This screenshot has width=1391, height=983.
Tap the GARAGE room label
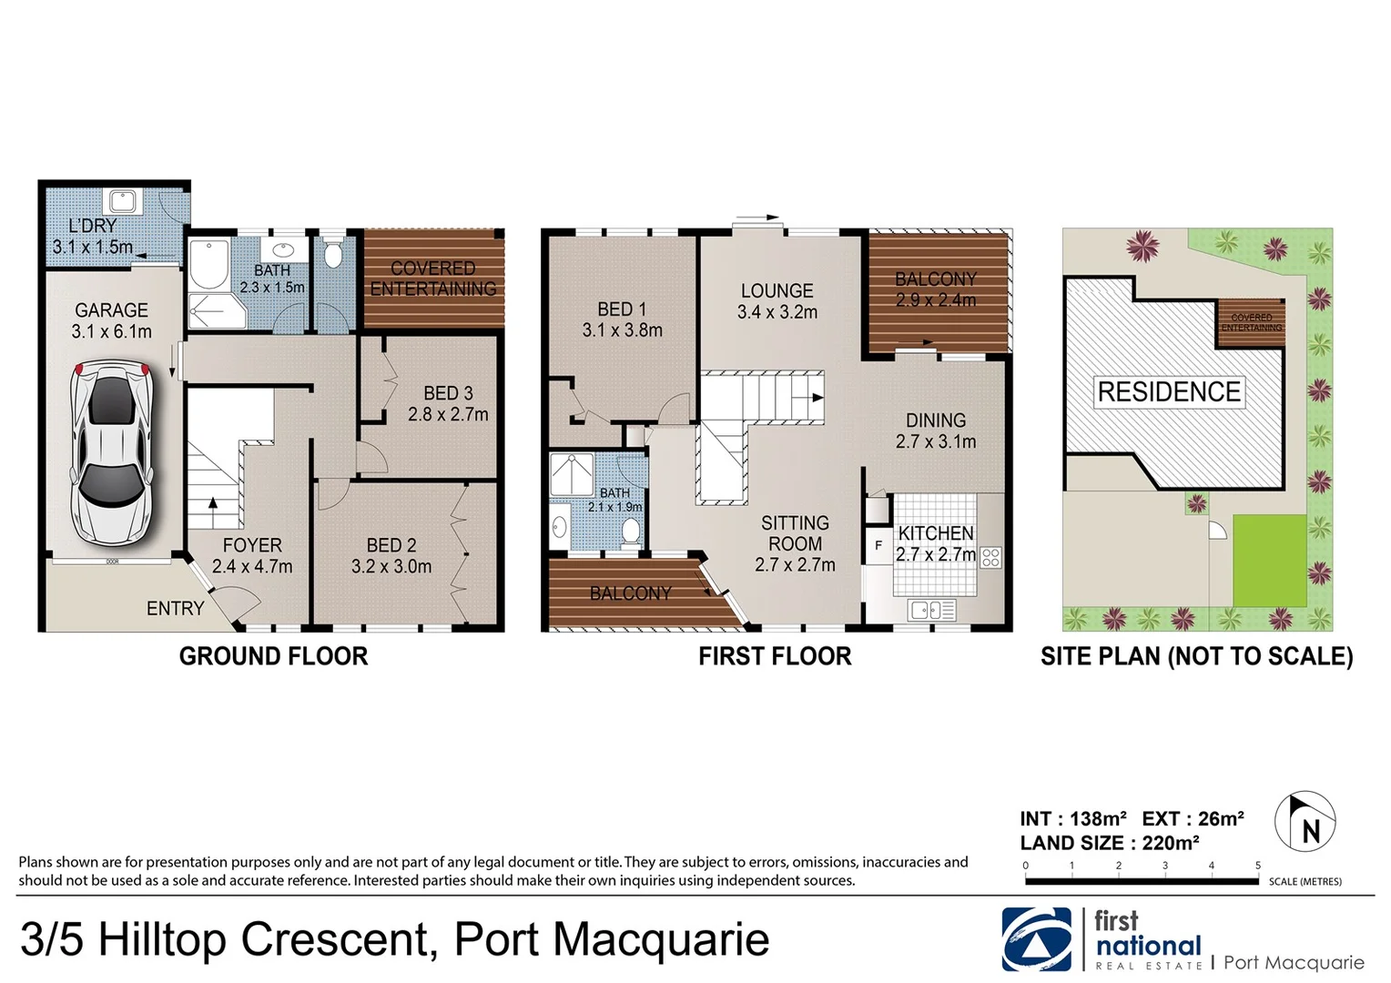tap(111, 310)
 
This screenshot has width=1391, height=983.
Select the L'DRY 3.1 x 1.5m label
tap(93, 236)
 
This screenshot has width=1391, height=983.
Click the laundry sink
tap(122, 199)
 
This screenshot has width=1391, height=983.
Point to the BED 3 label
tap(448, 393)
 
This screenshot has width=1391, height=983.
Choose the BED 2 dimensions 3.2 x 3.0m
tap(391, 566)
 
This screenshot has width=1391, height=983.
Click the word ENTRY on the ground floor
tap(175, 608)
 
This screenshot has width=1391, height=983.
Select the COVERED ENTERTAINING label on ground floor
tap(433, 279)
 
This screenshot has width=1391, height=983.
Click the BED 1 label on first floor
tap(622, 309)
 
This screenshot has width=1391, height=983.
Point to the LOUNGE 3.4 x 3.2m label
tap(777, 301)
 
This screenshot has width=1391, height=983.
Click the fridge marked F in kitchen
tap(878, 545)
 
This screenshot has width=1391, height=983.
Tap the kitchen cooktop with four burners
tap(990, 557)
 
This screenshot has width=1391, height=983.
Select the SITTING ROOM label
tap(795, 533)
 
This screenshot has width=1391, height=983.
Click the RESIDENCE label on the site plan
tap(1169, 392)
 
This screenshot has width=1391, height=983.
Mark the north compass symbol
tap(1305, 821)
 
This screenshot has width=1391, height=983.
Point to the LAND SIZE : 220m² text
tap(1109, 843)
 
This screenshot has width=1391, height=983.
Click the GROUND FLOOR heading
tap(273, 656)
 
